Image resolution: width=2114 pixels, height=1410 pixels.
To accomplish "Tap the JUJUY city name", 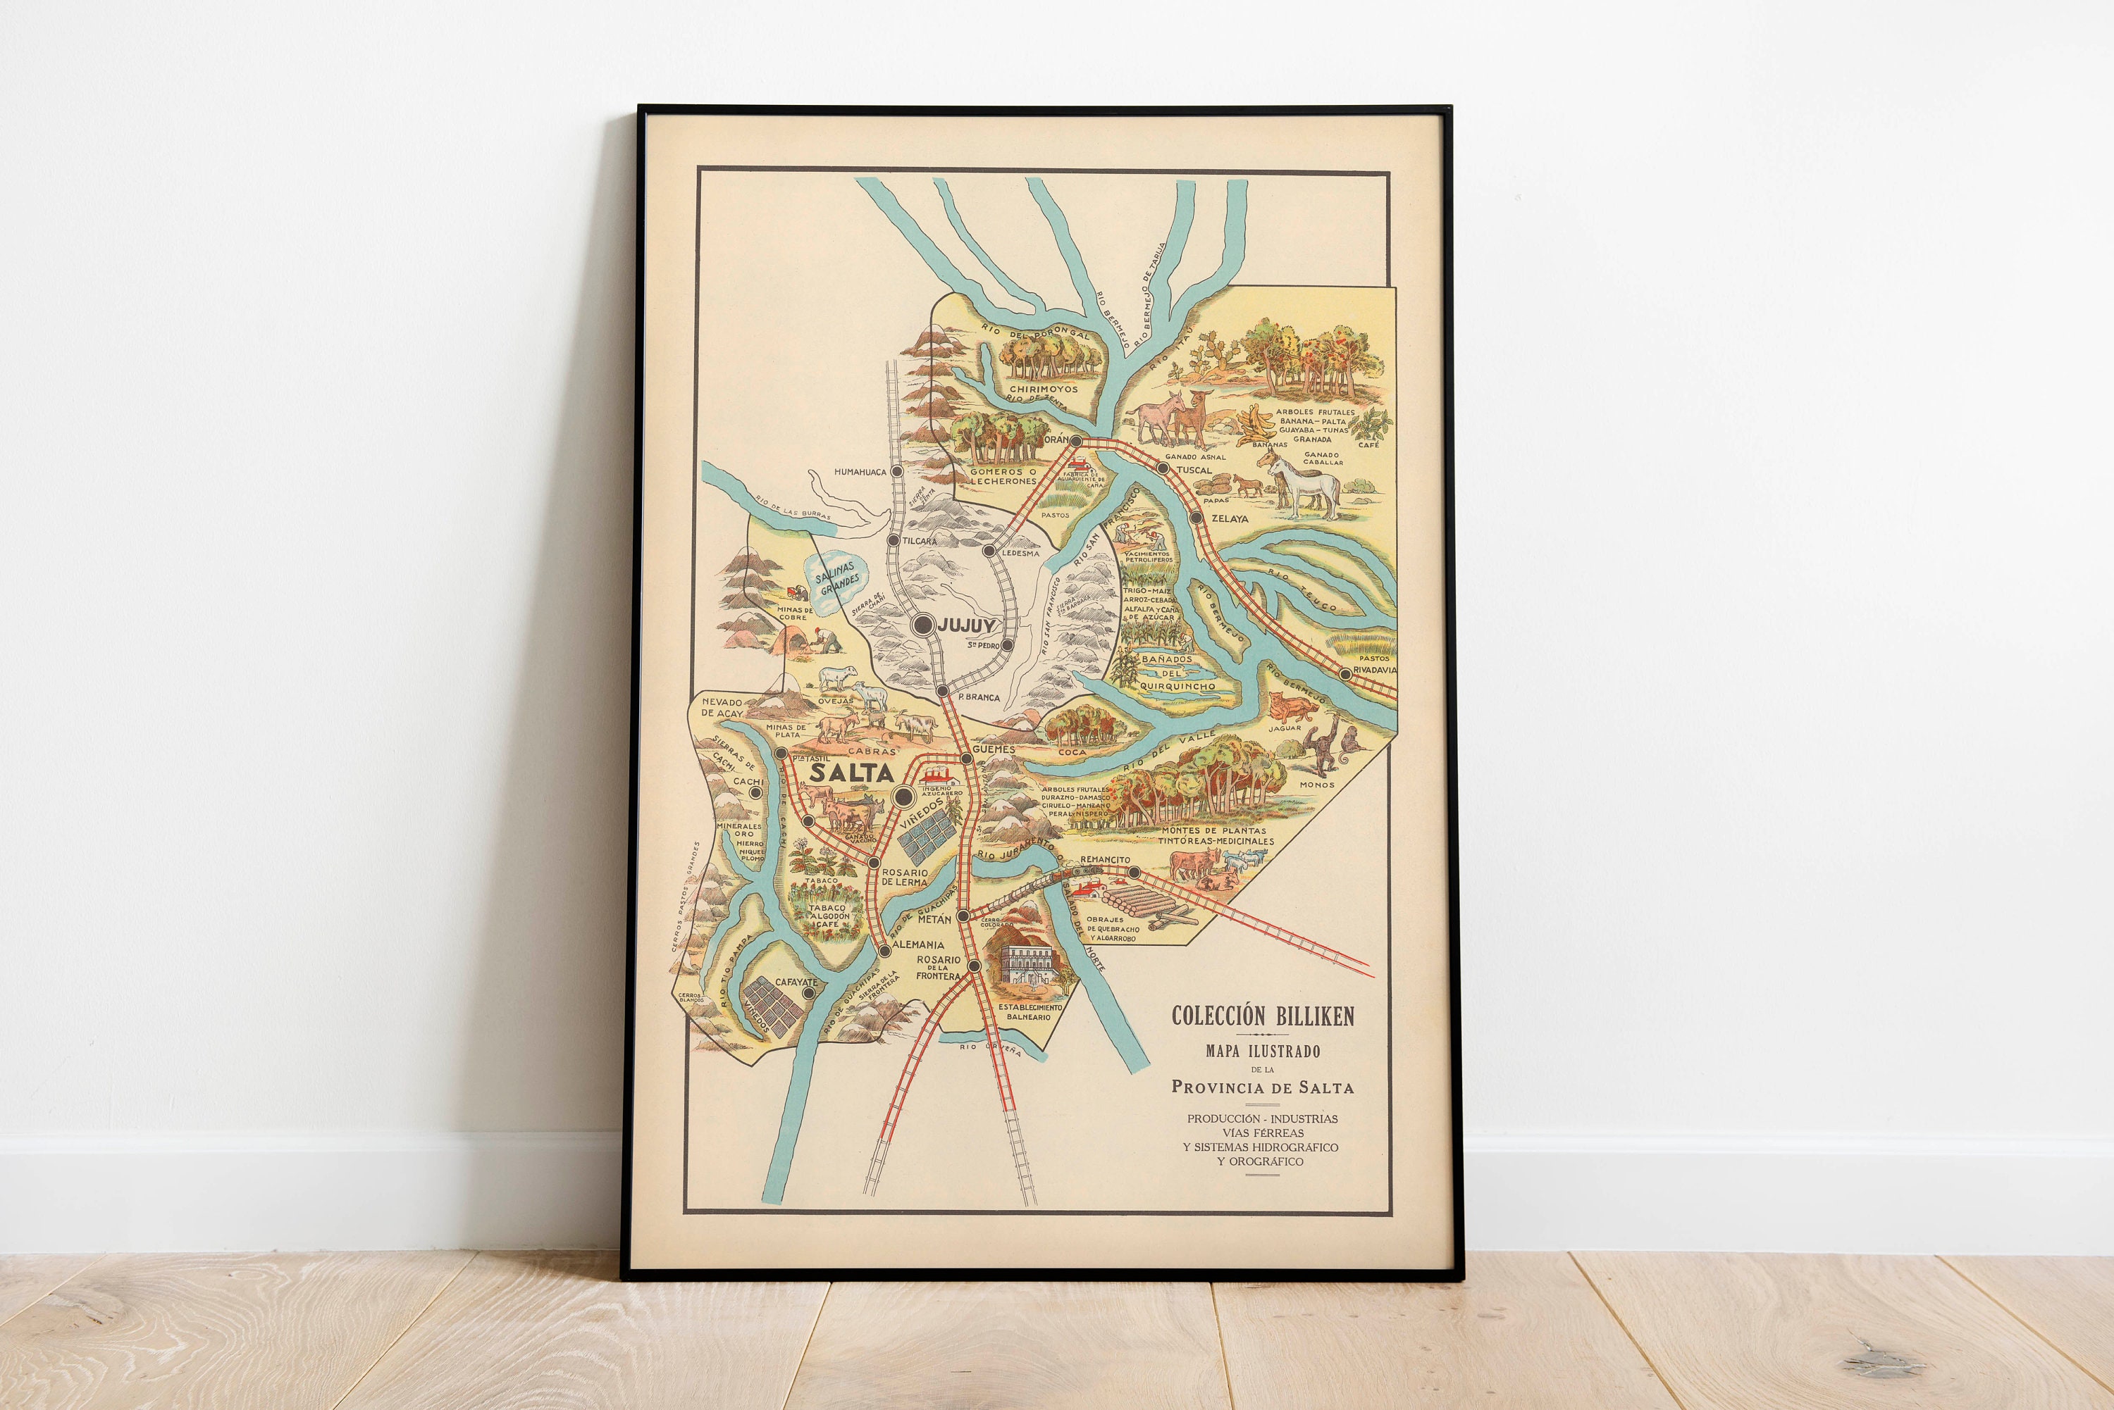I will pos(966,624).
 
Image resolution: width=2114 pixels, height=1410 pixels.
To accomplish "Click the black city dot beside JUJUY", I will pos(923,625).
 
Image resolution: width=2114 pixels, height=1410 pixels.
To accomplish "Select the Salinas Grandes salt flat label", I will pos(836,578).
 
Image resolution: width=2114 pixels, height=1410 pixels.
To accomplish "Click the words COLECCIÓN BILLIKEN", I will pos(1262,1016).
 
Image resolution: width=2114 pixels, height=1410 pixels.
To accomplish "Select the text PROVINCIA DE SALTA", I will pos(1262,1087).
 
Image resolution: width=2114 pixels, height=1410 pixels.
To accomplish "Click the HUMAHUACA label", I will pos(860,471).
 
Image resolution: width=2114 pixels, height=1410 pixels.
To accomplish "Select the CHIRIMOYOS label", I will pos(1043,389).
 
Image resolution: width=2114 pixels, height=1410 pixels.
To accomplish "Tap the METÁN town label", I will pos(934,919).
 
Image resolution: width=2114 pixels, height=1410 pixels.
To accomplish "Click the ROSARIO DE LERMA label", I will pos(904,877).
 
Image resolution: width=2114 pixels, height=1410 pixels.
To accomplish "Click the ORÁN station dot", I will pos(1075,442).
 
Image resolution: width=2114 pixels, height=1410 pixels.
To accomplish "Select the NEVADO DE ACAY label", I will pos(723,708).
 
